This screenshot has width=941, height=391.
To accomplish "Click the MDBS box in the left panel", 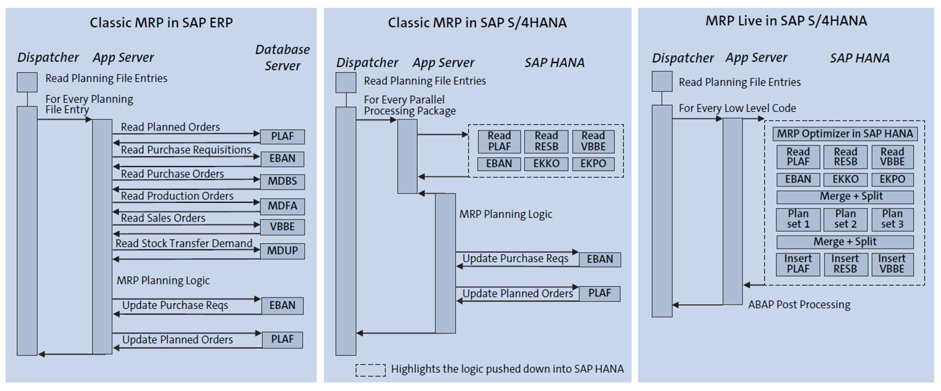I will coord(282,182).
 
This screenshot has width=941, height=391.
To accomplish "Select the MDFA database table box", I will coord(282,205).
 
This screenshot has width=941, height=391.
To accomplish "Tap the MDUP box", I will coord(282,251).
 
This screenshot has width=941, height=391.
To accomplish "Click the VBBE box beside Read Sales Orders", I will coord(282,227).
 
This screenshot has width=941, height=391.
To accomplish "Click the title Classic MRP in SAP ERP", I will coord(161,23).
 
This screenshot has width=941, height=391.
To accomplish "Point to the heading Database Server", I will coord(282,57).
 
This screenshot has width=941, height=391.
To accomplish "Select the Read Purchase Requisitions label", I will coord(186,150).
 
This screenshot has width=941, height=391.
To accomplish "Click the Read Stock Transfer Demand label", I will coord(184,244).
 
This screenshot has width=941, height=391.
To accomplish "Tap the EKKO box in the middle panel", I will coord(546,164).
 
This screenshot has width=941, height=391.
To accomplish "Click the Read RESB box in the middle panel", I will coord(546,141).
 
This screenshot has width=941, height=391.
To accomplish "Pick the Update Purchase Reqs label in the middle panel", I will coord(515,259).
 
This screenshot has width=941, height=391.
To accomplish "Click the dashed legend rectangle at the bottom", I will coord(370,369).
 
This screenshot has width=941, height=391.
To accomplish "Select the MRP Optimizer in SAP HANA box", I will coord(845,134).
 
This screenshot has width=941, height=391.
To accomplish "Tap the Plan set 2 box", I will coord(845,219).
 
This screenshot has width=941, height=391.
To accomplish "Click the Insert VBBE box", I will coord(892,264).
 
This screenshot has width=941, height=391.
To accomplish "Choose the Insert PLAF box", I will coord(798,264).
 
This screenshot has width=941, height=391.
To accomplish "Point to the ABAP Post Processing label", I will coord(799,305).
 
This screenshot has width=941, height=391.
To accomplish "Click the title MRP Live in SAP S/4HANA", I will coord(786,21).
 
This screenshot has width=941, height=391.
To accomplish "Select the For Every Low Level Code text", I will coord(737,109).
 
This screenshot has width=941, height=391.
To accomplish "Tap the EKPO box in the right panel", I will coord(892,179).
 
